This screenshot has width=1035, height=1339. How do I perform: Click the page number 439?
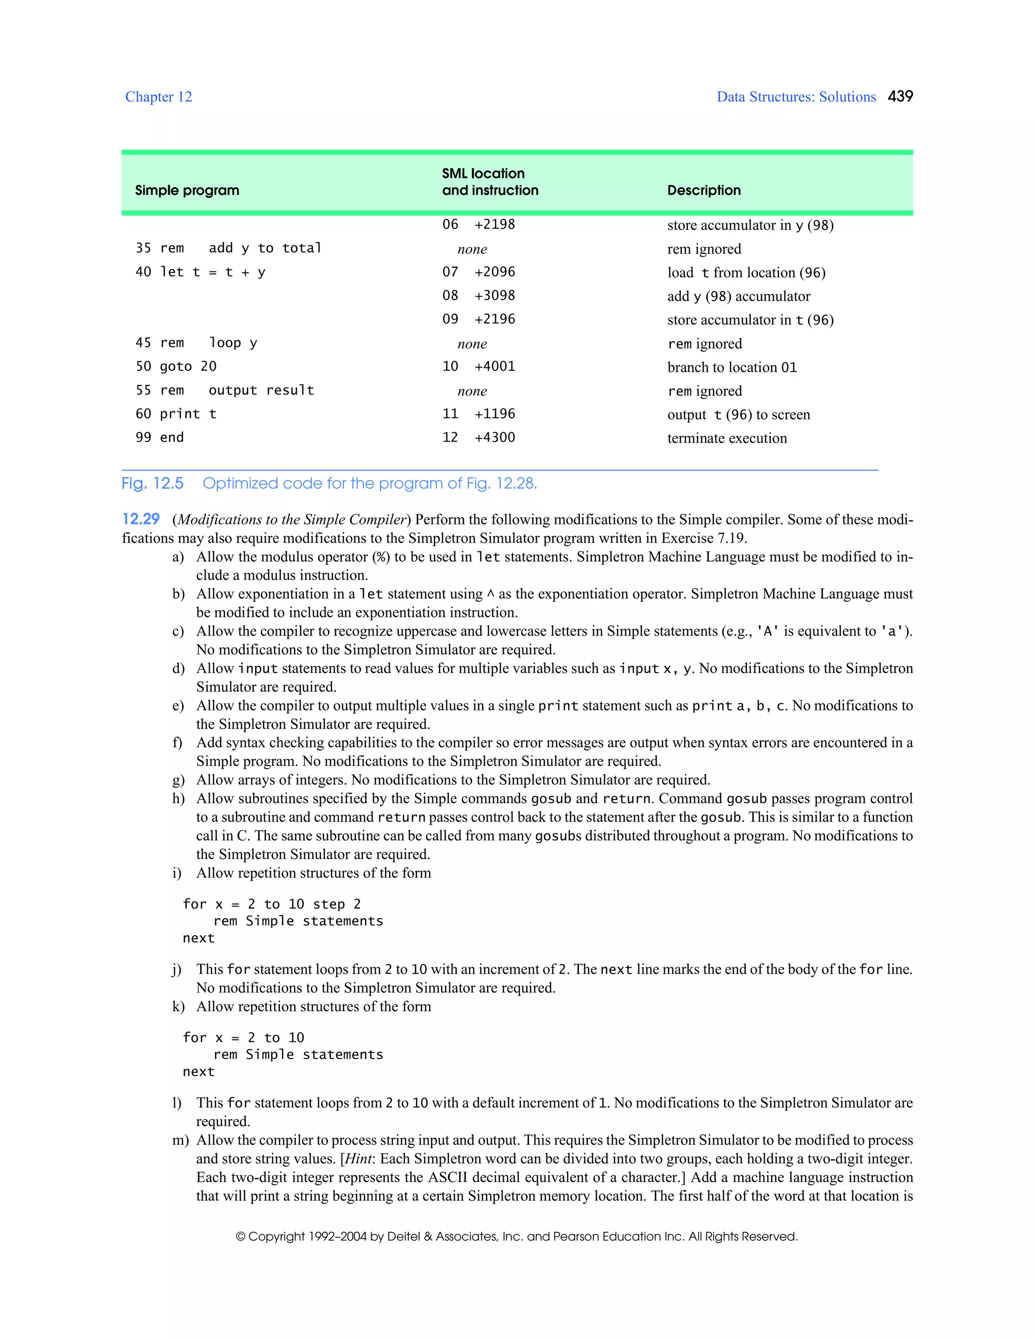(x=900, y=96)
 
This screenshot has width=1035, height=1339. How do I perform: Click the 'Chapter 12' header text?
(x=158, y=97)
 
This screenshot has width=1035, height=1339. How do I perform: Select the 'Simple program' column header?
(x=187, y=190)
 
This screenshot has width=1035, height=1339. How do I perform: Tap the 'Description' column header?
(x=703, y=190)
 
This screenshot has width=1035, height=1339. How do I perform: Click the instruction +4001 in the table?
(x=494, y=367)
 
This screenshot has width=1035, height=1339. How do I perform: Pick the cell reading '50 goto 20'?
(x=176, y=367)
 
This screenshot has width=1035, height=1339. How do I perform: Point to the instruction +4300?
(x=494, y=438)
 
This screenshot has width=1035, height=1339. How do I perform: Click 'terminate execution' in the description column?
(x=727, y=439)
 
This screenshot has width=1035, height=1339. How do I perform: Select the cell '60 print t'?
(x=176, y=414)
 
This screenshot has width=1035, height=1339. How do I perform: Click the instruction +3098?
(x=494, y=296)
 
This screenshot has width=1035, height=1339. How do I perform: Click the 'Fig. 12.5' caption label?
(x=152, y=484)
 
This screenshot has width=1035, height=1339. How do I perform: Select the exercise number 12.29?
(x=140, y=519)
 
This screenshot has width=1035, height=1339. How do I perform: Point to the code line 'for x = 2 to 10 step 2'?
(x=271, y=904)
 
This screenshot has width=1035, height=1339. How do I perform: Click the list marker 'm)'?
(x=179, y=1140)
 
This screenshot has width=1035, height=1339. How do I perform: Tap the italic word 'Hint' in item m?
(x=359, y=1159)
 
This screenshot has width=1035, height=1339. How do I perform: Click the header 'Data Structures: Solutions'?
(x=796, y=97)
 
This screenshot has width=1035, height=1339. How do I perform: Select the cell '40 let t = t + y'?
(x=201, y=272)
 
